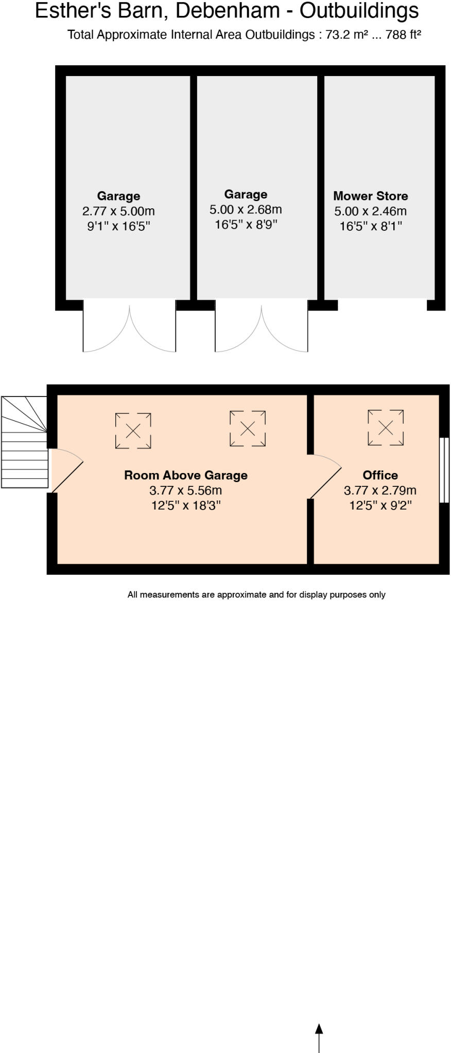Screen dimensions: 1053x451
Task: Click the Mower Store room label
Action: [x=370, y=196]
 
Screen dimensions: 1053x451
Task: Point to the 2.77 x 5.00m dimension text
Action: [x=118, y=211]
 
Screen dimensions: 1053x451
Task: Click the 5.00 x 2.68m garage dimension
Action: [x=246, y=210]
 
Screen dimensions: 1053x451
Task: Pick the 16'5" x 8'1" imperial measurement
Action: [x=370, y=226]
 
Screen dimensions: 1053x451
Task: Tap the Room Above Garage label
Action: [x=185, y=475]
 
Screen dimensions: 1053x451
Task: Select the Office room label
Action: [x=380, y=475]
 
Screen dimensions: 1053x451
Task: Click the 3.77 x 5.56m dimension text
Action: [x=185, y=491]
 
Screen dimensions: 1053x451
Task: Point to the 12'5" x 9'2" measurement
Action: [x=380, y=505]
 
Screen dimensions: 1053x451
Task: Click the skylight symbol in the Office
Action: [x=385, y=427]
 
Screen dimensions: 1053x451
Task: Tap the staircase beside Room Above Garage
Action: [x=24, y=442]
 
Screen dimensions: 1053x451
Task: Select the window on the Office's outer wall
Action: [x=444, y=469]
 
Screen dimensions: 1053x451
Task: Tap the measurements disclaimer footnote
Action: [x=256, y=595]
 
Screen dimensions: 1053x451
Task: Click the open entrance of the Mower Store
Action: [x=382, y=305]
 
